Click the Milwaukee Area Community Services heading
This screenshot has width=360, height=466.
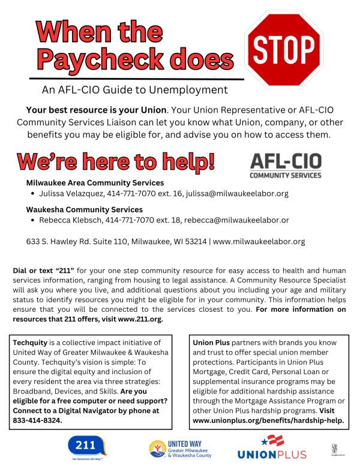[95, 182]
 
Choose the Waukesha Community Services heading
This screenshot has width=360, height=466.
[85, 210]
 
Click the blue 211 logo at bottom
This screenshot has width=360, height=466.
[88, 448]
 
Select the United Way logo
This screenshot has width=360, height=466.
[181, 448]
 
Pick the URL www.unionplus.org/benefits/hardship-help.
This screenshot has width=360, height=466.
[269, 420]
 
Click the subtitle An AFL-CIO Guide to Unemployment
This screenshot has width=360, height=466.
[126, 90]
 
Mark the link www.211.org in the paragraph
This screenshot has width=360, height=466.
[140, 319]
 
